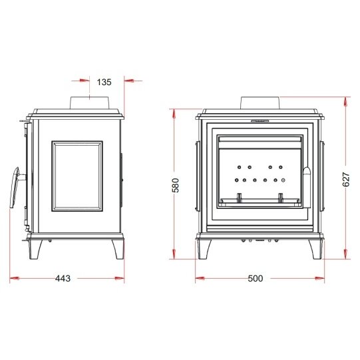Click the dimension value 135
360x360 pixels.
(x=104, y=83)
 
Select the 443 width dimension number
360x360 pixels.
(x=63, y=278)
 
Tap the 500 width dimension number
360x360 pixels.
(x=256, y=278)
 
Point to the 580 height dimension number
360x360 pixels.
(x=176, y=185)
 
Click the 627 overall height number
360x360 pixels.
(x=346, y=179)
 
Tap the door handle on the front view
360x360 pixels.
(x=307, y=187)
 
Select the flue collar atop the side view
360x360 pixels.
(x=89, y=102)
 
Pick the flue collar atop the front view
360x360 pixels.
(x=260, y=102)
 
